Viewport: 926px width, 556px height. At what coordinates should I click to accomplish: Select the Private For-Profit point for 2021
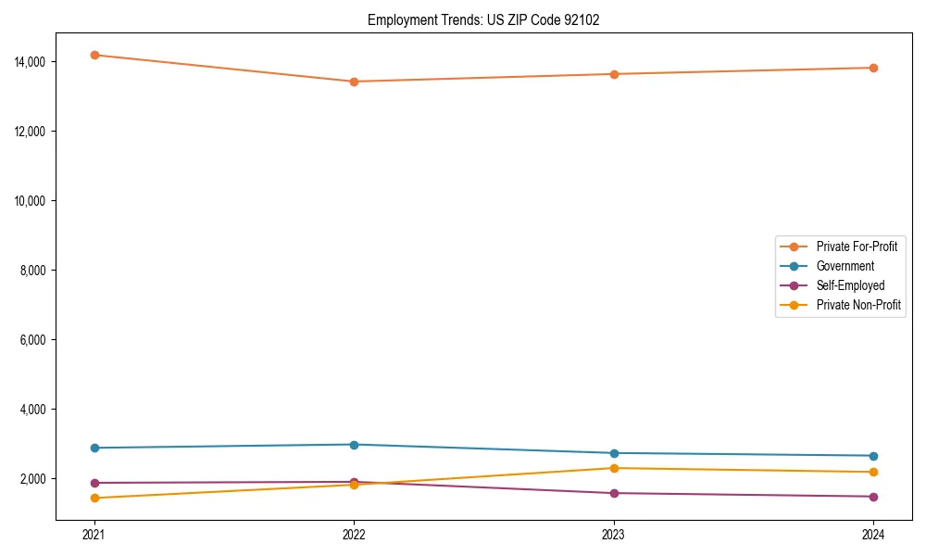click(94, 55)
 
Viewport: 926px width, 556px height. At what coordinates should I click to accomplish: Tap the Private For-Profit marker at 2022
click(354, 82)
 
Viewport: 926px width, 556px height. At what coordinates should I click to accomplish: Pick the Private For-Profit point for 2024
click(873, 68)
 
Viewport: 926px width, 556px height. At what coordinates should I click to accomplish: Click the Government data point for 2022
click(354, 445)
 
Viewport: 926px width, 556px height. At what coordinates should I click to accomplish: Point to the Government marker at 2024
click(873, 456)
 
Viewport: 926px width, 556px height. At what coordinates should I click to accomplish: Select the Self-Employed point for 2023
click(614, 493)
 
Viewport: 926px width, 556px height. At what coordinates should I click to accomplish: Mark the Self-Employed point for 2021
click(94, 483)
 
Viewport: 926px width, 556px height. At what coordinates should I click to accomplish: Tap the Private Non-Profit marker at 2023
click(614, 468)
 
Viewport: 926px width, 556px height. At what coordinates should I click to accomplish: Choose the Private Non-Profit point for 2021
click(94, 499)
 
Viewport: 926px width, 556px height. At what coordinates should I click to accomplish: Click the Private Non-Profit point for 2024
click(873, 473)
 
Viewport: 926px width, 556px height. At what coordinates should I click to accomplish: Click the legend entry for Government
click(845, 266)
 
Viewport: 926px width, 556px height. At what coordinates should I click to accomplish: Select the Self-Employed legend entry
click(850, 285)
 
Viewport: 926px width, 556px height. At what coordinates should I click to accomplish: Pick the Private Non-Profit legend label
click(858, 305)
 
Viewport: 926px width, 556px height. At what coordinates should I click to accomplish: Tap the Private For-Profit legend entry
click(857, 246)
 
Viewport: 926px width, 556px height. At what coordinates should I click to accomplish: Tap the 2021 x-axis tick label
click(94, 535)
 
